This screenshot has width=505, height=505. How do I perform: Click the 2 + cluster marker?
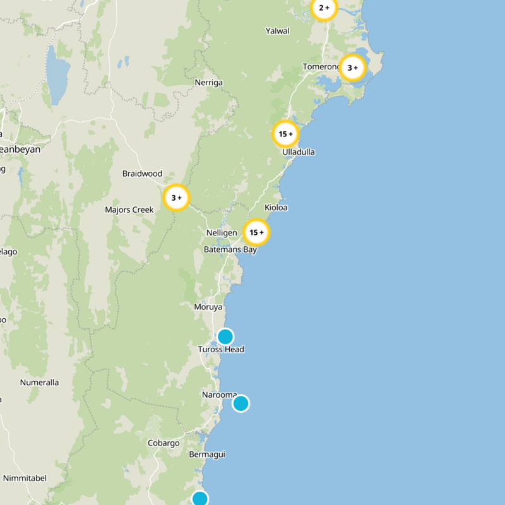click(324, 8)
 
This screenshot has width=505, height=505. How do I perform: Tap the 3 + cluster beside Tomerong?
click(352, 68)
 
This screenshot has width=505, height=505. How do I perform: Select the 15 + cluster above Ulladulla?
click(285, 134)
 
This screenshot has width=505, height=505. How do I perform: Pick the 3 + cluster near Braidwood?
click(176, 198)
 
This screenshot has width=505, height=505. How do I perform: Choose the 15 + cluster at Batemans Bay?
click(256, 232)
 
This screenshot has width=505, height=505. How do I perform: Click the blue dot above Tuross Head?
click(225, 336)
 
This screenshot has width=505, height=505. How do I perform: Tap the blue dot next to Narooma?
click(241, 403)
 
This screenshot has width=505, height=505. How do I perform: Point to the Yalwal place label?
click(278, 30)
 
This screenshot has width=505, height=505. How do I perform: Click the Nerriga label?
click(209, 83)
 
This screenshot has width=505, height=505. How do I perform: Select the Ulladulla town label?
click(299, 152)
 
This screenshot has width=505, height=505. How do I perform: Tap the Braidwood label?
click(142, 174)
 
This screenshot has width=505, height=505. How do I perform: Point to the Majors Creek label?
click(129, 210)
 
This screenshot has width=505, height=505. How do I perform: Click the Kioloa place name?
click(276, 207)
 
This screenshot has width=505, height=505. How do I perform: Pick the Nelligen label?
click(221, 233)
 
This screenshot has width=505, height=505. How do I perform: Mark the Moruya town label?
click(209, 307)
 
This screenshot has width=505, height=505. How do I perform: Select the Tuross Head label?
click(221, 349)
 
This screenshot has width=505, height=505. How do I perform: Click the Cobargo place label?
click(163, 443)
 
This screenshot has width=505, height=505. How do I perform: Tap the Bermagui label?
click(207, 454)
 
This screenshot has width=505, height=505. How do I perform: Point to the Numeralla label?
click(39, 383)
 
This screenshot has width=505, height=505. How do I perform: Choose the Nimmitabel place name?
click(25, 478)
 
